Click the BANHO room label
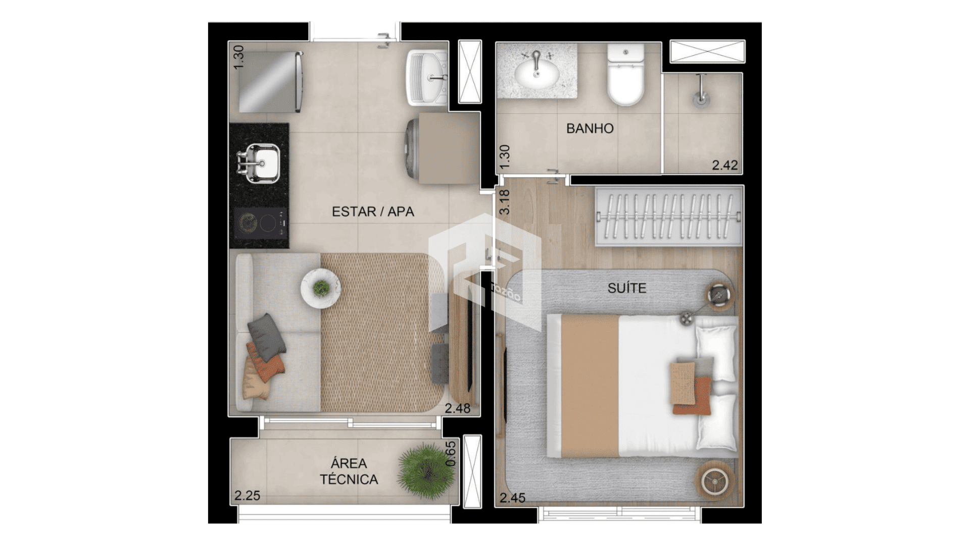tap(590, 128)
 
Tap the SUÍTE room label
tap(627, 288)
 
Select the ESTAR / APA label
tap(373, 211)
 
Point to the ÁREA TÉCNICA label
tap(349, 471)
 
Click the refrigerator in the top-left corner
tap(270, 82)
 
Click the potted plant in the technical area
tap(426, 471)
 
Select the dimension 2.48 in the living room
tap(457, 408)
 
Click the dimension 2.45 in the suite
tap(512, 498)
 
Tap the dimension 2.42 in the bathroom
tap(725, 165)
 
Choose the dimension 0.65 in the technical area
tap(451, 454)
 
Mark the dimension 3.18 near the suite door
tap(504, 202)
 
